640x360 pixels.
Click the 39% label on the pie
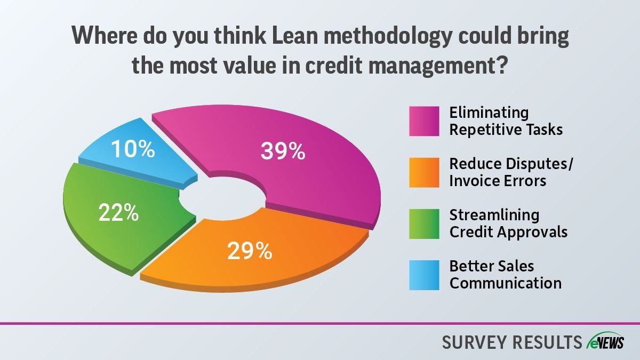[x=283, y=151]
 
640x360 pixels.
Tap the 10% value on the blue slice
[x=133, y=149]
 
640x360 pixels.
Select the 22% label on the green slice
[x=118, y=213]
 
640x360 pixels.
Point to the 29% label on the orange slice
[x=250, y=251]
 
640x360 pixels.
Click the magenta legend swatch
[x=424, y=121]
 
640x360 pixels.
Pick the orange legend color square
[x=424, y=172]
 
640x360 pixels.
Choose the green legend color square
[x=424, y=223]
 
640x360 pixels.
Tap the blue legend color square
[x=424, y=275]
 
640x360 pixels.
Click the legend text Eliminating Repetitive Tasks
[x=506, y=121]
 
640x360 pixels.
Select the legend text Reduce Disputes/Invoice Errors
[x=511, y=172]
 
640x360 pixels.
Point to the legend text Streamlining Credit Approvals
[x=508, y=223]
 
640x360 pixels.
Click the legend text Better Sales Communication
[x=506, y=275]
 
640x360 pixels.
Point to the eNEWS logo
[x=605, y=341]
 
